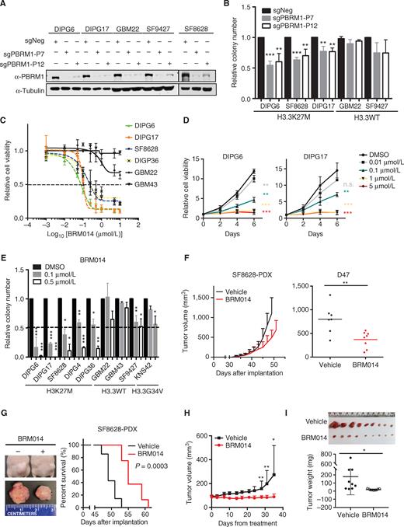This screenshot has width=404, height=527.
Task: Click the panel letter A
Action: pos(5,6)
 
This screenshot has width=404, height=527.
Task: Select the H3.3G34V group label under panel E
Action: pos(177,396)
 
